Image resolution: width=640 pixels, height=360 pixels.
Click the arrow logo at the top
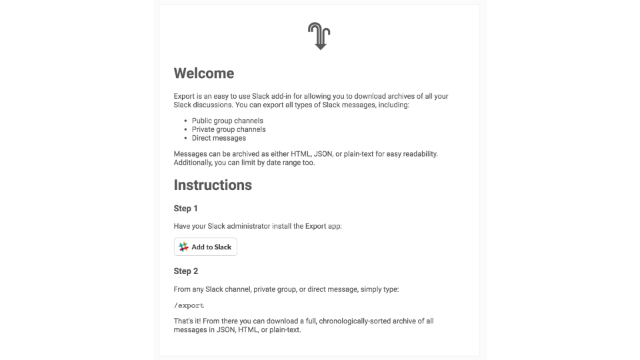pos(319,36)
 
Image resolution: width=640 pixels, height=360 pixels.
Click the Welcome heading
pos(204,73)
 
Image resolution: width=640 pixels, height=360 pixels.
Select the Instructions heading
pos(213,185)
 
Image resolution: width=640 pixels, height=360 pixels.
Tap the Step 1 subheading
pos(186,209)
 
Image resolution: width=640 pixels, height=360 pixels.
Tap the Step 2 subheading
pos(186,271)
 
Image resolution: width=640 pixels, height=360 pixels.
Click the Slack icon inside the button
pos(183,247)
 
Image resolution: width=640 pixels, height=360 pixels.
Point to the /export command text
pos(189,305)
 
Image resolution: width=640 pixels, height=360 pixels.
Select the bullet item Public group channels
pos(227,121)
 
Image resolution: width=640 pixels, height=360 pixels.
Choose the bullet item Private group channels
pos(229,129)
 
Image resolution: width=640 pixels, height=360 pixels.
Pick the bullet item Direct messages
pos(219,138)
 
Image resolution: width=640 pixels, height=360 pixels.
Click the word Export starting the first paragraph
pos(185,96)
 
